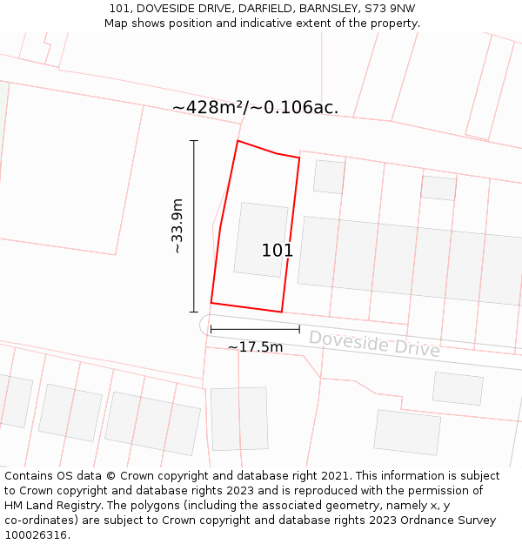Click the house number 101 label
278,251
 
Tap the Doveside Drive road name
374,343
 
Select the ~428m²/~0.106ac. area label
255,107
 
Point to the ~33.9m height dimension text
177,226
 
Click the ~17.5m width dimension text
255,347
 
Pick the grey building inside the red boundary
260,239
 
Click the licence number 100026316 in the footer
35,535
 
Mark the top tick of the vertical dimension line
194,140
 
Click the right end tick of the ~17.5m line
299,329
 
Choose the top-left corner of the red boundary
238,140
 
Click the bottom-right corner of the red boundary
281,312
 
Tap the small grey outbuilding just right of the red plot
329,177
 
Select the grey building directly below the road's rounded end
239,419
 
